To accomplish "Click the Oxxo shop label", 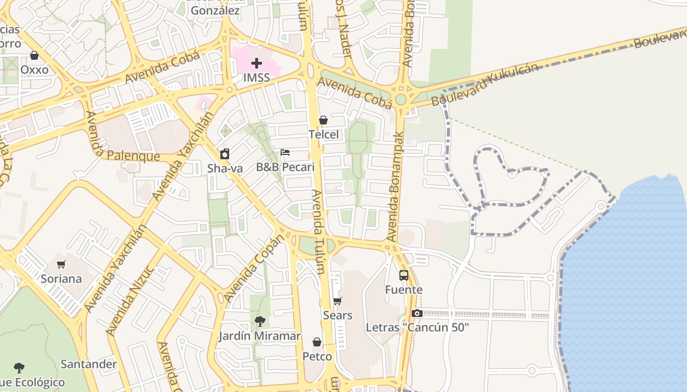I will tap(34, 70).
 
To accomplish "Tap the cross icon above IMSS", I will tap(256, 63).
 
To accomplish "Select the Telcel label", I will tap(323, 134).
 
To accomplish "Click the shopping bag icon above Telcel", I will tap(323, 120).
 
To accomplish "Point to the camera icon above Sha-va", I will tap(225, 154).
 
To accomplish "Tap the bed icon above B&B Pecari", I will tap(285, 152).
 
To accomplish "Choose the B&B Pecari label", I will tap(285, 167).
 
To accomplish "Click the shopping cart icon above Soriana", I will tap(61, 265).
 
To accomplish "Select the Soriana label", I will tap(61, 279).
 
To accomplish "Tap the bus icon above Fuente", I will tap(404, 275).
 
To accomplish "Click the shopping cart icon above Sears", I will tap(337, 301).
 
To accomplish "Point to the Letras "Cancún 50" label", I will tap(417, 327).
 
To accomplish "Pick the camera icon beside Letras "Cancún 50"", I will tap(417, 314).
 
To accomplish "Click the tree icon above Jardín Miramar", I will tap(260, 321).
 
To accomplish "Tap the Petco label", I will tap(317, 356).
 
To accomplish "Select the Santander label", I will tap(89, 364).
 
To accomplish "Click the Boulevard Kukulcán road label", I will tap(485, 85).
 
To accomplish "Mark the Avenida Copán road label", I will tap(254, 269).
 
